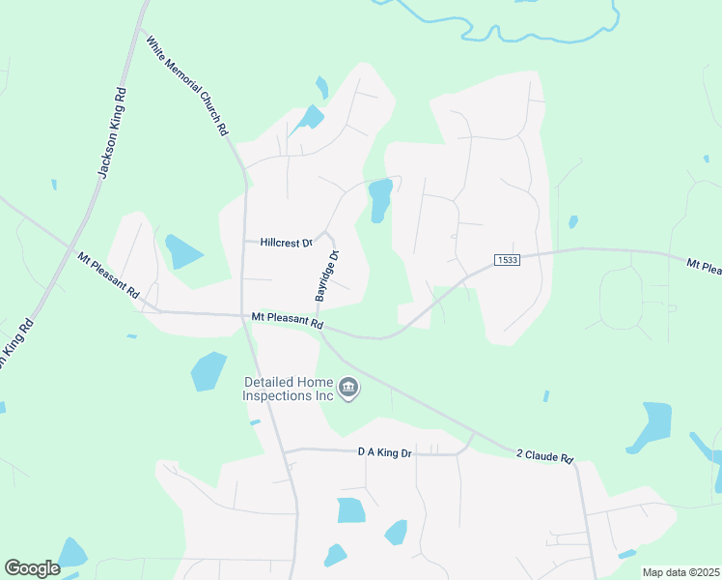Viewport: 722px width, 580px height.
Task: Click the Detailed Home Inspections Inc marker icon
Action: click(349, 390)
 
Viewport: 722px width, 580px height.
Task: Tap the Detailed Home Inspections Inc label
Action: click(288, 390)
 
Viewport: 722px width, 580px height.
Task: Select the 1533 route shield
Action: click(506, 260)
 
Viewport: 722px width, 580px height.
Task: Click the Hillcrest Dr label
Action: click(287, 244)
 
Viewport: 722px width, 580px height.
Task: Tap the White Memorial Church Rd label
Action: click(188, 85)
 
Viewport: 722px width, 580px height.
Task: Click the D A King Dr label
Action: click(385, 451)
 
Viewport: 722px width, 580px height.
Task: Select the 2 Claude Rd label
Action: click(545, 454)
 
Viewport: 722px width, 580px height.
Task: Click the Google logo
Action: click(32, 568)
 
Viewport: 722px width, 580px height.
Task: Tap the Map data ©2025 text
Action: click(680, 572)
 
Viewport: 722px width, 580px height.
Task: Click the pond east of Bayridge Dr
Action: click(380, 199)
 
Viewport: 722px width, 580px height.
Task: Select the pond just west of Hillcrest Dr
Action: click(180, 251)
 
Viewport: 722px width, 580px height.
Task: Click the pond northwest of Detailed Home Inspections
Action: click(208, 370)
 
